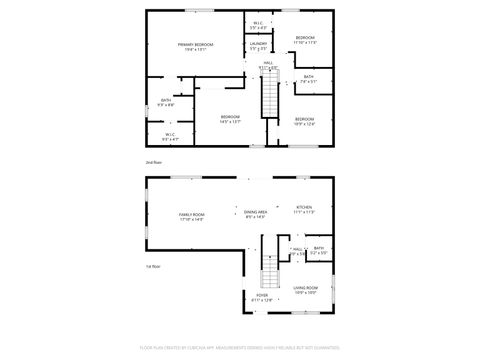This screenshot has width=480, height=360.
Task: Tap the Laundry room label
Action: point(257,44)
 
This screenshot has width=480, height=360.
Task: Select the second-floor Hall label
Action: point(268,63)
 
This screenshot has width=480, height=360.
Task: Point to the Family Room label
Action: point(191,215)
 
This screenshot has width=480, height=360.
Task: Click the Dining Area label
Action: point(255,212)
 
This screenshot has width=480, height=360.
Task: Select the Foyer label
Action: point(262,296)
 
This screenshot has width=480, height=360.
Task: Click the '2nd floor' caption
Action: point(153,161)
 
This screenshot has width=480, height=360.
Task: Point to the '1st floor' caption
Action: point(153,266)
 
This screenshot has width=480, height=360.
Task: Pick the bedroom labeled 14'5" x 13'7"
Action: point(229,119)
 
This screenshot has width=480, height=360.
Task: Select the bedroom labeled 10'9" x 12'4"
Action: point(305,120)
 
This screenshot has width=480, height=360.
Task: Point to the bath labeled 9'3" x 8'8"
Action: point(166,101)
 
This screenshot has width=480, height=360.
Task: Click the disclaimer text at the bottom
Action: point(240,350)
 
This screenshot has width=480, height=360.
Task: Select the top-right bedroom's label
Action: point(305,39)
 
